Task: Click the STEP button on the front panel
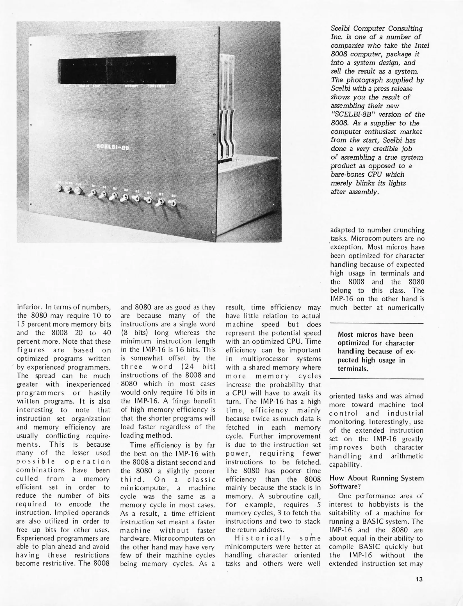click(x=69, y=191)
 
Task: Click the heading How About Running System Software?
click(x=376, y=482)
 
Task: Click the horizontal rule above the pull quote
click(x=376, y=323)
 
